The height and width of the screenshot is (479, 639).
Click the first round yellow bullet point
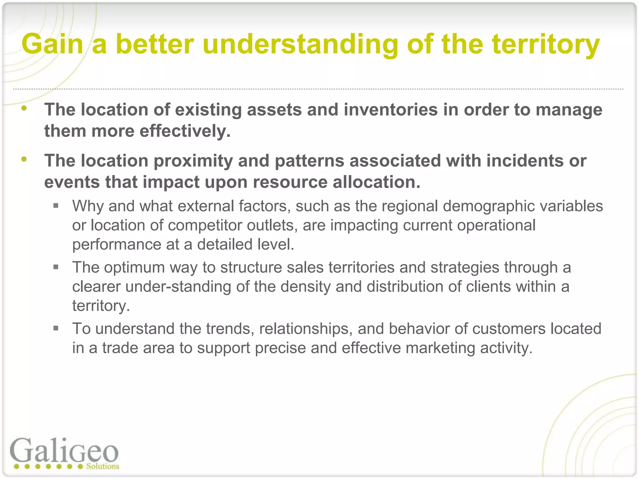coord(24,109)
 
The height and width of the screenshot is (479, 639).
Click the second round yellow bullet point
coord(24,159)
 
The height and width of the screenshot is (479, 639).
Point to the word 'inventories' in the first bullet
coord(391,110)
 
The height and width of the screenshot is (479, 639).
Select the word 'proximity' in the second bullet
coord(193,161)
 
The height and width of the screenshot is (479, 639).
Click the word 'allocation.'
coord(376,182)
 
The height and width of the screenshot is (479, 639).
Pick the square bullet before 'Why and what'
coord(56,206)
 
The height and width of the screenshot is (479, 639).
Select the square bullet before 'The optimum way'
coord(56,267)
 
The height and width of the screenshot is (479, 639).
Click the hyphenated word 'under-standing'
coord(178,287)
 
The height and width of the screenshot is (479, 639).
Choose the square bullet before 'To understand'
coord(56,328)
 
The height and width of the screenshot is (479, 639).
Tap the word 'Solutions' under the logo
coord(103,467)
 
